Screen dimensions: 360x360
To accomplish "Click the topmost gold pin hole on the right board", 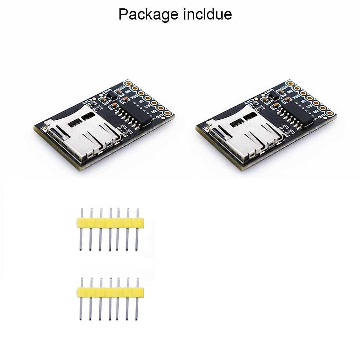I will (x=290, y=83).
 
